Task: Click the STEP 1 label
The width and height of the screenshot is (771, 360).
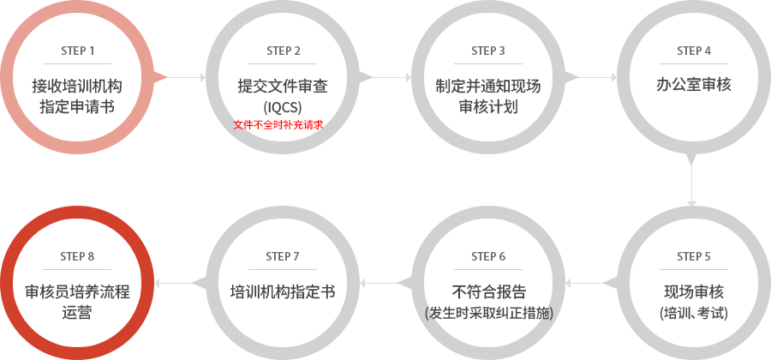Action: point(77,51)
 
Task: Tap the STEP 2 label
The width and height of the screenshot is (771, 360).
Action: point(284,51)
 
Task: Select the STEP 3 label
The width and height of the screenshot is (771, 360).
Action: point(488,51)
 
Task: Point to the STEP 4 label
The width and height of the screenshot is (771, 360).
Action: point(694,51)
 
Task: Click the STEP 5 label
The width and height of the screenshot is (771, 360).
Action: point(694,256)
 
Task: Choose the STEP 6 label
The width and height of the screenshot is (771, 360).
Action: point(488,256)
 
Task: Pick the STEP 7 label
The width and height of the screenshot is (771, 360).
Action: point(283,256)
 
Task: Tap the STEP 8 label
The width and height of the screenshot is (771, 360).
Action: point(77,256)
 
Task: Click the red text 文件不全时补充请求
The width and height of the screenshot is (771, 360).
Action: point(278,125)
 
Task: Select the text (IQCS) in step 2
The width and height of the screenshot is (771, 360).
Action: point(283,107)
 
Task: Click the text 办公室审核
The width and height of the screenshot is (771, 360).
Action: point(694,85)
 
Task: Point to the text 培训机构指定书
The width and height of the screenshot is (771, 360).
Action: point(283,291)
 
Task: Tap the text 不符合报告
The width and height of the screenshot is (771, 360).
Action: point(488,291)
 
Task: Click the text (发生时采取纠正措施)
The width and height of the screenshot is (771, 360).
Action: point(489,313)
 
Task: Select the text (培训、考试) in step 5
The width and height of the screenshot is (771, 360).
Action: point(694,313)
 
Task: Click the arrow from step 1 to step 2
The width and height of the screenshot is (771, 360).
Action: point(186,77)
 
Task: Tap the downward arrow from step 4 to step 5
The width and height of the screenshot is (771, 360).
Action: point(692,185)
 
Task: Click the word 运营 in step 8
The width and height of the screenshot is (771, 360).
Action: point(77,313)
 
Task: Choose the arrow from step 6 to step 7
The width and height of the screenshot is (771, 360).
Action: point(379,283)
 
